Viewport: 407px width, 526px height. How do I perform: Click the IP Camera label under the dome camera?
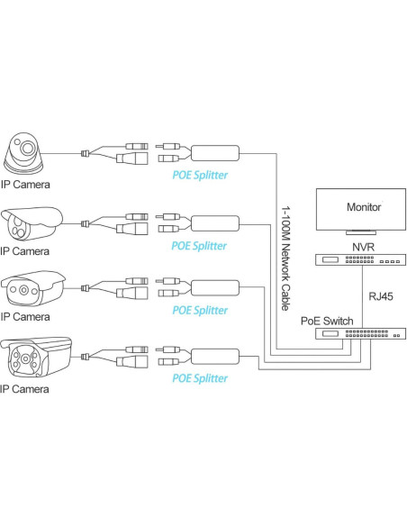point(25,184)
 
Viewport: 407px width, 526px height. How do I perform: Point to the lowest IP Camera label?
point(25,389)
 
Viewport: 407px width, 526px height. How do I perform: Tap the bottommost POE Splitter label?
point(199,379)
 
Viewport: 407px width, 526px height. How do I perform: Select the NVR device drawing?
point(358,261)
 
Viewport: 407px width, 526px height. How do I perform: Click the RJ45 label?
point(382,293)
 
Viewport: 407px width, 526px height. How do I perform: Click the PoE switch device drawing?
point(358,333)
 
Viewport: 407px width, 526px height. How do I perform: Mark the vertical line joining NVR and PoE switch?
point(358,297)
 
